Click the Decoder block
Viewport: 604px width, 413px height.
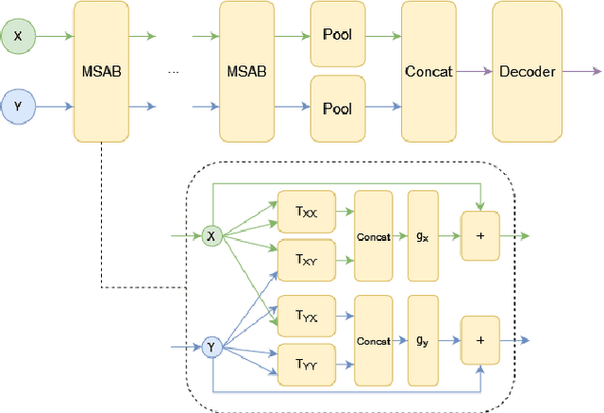pos(528,71)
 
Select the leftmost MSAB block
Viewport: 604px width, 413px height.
pos(101,71)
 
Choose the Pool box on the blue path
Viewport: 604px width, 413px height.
pos(337,108)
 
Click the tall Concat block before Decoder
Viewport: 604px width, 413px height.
pos(429,71)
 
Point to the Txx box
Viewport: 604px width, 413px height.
pos(305,215)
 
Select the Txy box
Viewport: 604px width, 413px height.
pos(305,257)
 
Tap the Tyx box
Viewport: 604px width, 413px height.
pos(305,318)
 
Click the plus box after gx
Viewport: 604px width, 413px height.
pos(481,235)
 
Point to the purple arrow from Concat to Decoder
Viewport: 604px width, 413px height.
pos(475,71)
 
